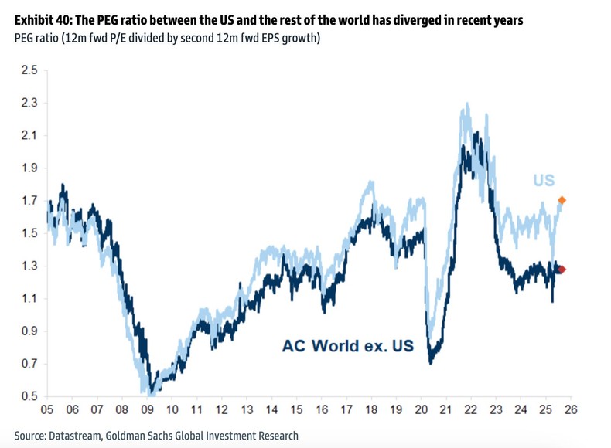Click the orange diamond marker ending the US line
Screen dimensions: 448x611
tap(562, 200)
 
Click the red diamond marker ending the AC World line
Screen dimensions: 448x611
tap(562, 270)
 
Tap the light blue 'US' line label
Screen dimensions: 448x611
tap(544, 181)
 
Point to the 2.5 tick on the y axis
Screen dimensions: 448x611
tap(29, 70)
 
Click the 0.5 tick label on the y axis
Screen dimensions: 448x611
tap(29, 397)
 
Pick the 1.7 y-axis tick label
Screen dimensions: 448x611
tap(29, 201)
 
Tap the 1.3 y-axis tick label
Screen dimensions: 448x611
tap(29, 266)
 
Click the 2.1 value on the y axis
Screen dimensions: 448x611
tap(29, 136)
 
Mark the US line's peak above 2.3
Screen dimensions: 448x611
tap(466, 104)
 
